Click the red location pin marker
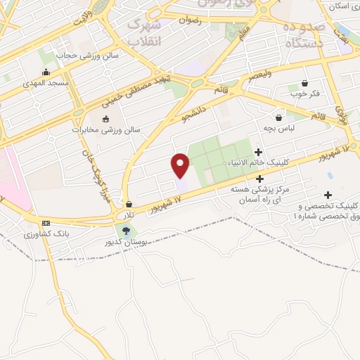[181, 166]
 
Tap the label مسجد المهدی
[44, 82]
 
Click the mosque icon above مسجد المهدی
[46, 71]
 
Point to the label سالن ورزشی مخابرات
[106, 130]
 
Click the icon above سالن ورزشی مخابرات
[106, 119]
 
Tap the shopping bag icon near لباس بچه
[279, 117]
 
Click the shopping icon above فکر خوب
[304, 82]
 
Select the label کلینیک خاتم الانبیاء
[258, 162]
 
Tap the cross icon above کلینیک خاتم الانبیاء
[259, 152]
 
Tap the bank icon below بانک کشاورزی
[46, 243]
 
